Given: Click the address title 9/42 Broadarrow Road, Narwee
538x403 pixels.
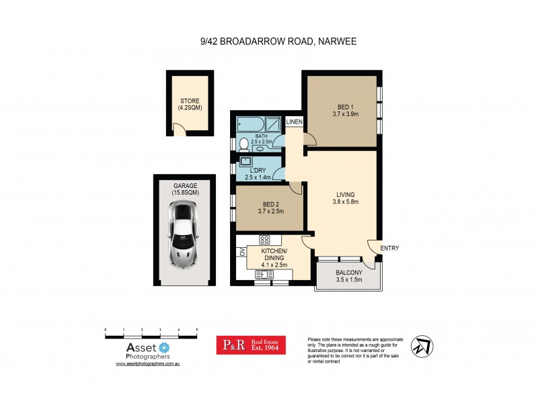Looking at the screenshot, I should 269,42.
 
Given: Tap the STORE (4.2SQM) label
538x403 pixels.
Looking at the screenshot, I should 190,104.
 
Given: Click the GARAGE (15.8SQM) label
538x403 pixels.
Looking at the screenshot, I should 186,189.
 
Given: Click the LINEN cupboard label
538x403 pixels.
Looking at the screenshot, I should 295,122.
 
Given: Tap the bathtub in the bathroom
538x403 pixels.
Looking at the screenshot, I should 249,124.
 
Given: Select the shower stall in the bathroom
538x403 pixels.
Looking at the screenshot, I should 273,123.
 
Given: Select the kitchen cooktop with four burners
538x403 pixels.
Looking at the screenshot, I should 264,239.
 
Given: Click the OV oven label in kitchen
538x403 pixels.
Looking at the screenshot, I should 240,253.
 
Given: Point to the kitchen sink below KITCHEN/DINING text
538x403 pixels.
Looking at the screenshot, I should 264,273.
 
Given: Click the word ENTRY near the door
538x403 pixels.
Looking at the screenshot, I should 389,249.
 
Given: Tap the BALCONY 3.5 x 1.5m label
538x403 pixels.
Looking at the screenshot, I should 348,275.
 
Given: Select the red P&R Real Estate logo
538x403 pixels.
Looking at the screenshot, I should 250,345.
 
